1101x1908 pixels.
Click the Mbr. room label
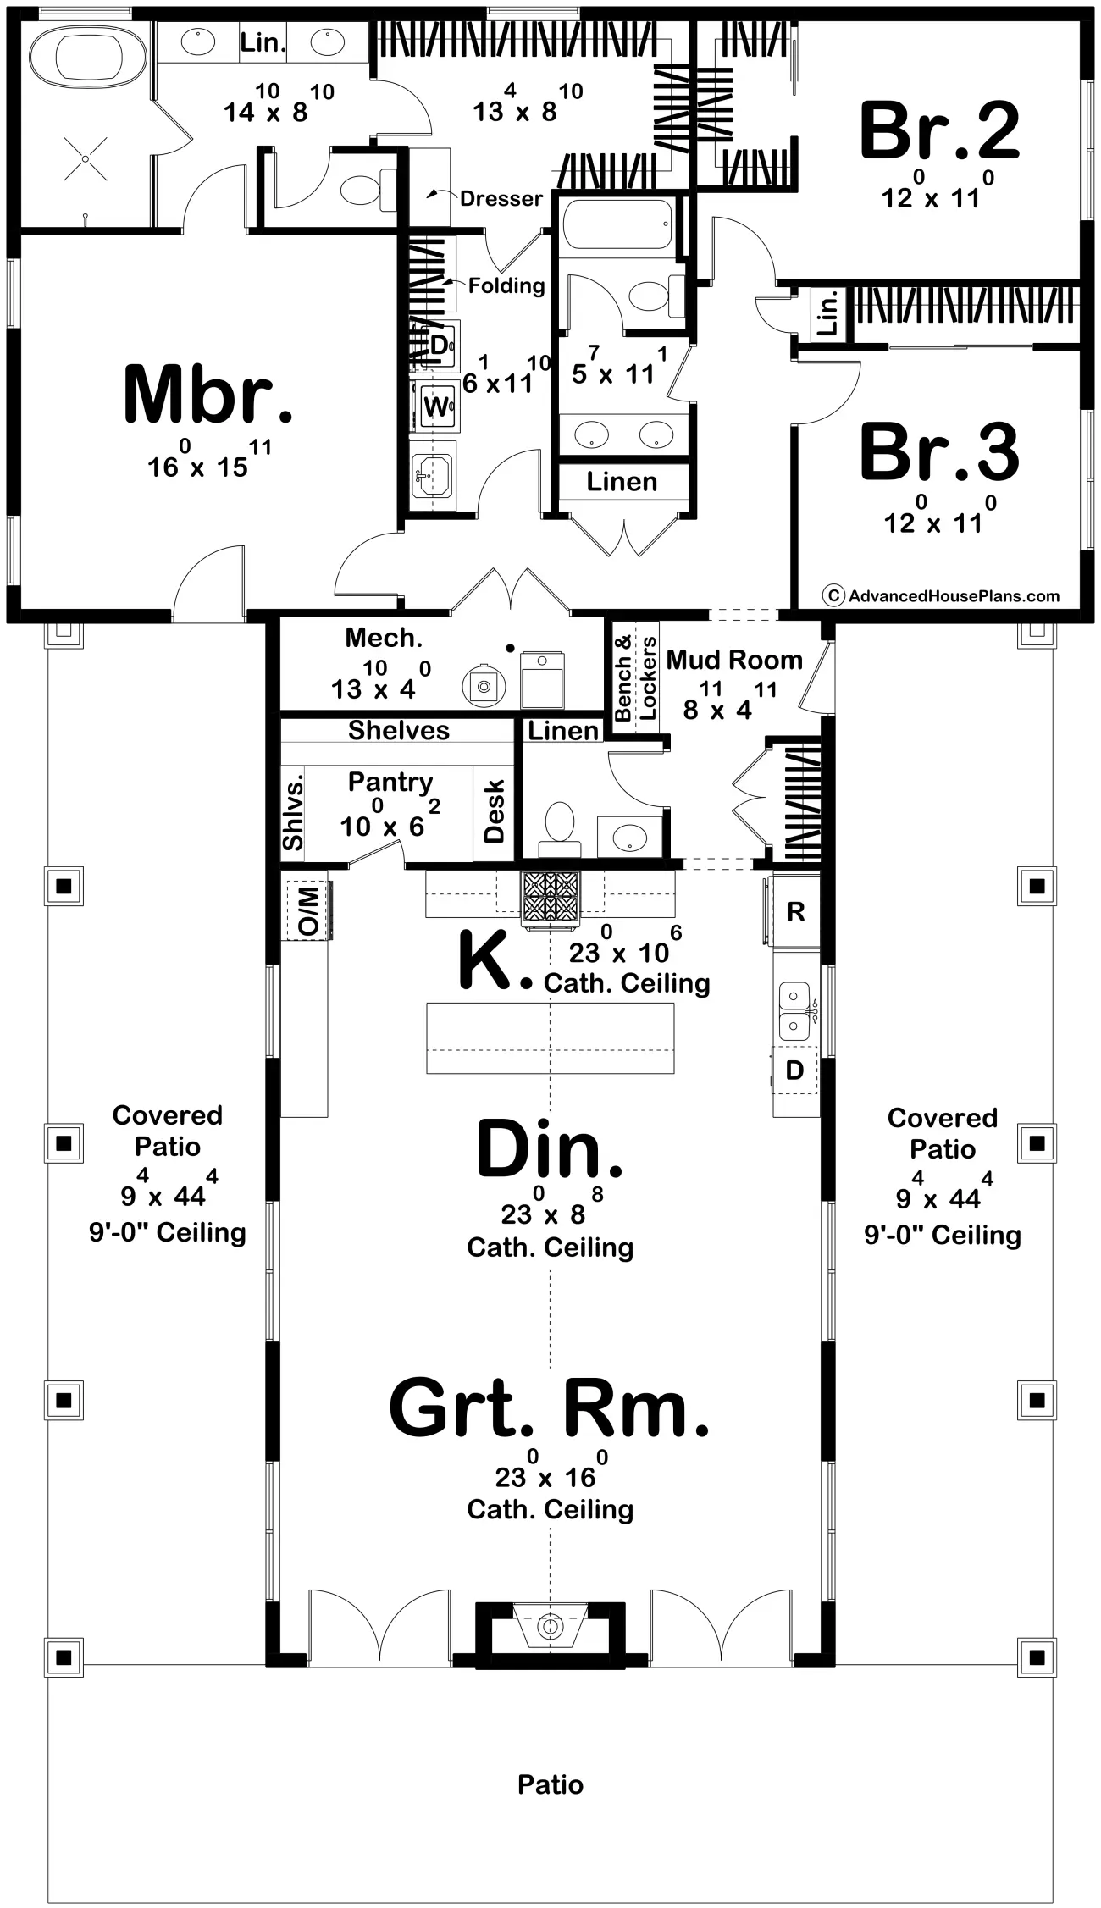pyautogui.click(x=208, y=395)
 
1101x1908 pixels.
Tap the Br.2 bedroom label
pyautogui.click(x=939, y=130)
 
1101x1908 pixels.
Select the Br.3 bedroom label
pyautogui.click(x=939, y=452)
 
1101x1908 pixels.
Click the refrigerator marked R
pyautogui.click(x=794, y=911)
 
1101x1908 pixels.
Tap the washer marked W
pyautogui.click(x=436, y=406)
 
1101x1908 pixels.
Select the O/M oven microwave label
pyautogui.click(x=309, y=910)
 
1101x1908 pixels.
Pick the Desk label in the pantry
pyautogui.click(x=494, y=810)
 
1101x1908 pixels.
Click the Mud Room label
pyautogui.click(x=734, y=660)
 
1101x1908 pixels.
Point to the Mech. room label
pyautogui.click(x=384, y=638)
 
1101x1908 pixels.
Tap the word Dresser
pyautogui.click(x=501, y=199)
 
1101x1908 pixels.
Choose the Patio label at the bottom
pyautogui.click(x=550, y=1784)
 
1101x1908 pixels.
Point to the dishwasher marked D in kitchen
pyautogui.click(x=794, y=1070)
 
